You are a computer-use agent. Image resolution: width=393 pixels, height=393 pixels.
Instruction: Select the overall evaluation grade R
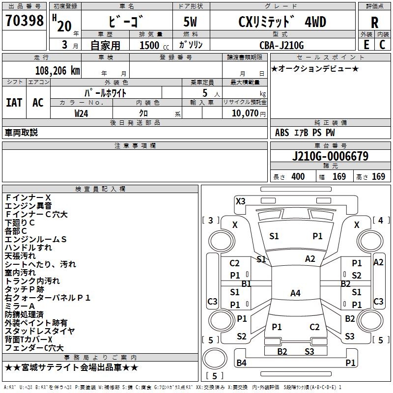[374, 23]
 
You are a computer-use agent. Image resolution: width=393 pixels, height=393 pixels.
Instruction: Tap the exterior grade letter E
[366, 44]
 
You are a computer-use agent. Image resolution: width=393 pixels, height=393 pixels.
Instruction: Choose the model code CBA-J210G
[281, 45]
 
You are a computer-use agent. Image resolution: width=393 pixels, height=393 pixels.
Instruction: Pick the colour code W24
[82, 113]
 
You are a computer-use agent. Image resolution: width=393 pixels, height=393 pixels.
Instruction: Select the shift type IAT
[14, 103]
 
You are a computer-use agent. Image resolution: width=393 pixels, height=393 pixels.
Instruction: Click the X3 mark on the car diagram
[240, 201]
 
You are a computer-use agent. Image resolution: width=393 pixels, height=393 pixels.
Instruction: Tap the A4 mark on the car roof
[295, 293]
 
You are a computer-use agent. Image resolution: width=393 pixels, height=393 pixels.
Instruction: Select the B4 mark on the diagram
[241, 363]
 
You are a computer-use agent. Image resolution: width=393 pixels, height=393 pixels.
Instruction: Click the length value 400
[298, 177]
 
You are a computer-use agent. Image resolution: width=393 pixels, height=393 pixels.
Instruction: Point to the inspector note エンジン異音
[28, 206]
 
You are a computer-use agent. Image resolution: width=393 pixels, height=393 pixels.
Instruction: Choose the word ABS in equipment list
[282, 133]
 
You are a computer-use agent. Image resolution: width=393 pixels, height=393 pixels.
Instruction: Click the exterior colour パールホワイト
[106, 92]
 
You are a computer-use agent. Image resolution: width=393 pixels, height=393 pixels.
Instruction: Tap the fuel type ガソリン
[191, 45]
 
